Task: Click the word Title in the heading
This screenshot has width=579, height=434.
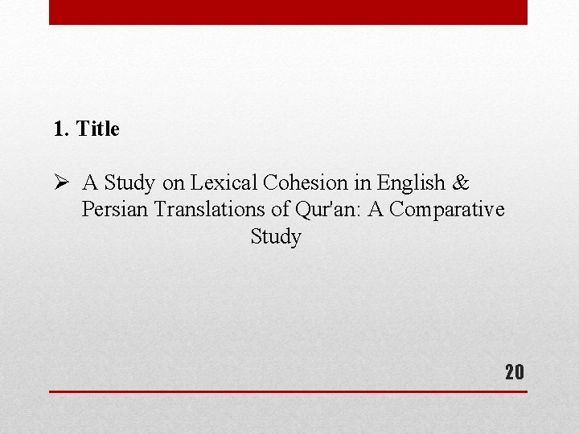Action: point(98,129)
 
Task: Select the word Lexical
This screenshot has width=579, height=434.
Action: point(220,183)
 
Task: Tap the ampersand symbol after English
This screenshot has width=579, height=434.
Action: point(461,183)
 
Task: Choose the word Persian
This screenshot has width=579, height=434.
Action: point(115,210)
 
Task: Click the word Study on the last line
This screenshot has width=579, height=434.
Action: point(276,237)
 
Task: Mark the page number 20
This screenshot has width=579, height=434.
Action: point(514,371)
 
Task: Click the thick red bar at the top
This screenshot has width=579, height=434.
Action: point(288,12)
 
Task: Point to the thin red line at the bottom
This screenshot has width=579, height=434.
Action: point(288,391)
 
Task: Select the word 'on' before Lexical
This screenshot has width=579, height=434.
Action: point(174,183)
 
